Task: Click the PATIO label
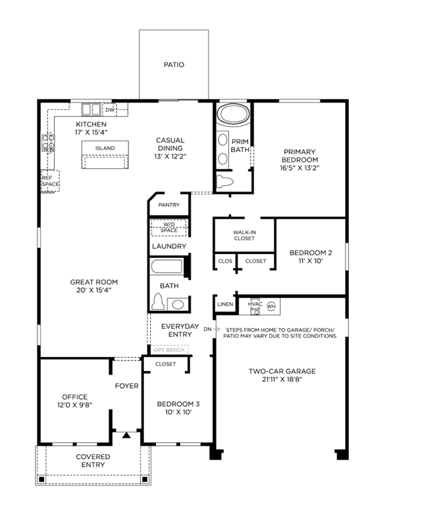pos(173,64)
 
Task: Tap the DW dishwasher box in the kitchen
pos(110,110)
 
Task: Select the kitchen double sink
pos(91,109)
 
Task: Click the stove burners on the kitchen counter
pos(48,142)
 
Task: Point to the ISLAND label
pos(105,148)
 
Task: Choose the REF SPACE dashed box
pos(50,181)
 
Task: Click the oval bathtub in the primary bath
pos(233,114)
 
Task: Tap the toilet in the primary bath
pos(224,182)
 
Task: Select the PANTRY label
pos(169,204)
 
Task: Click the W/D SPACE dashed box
pos(169,227)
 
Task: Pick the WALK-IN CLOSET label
pos(244,235)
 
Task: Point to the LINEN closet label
pos(225,304)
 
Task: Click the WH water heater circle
pos(271,306)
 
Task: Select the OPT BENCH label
pos(169,350)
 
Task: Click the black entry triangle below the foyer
pos(126,435)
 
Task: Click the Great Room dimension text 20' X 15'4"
pos(94,290)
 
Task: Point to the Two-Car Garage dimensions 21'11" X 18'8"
pos(282,379)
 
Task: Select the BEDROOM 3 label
pos(178,404)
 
